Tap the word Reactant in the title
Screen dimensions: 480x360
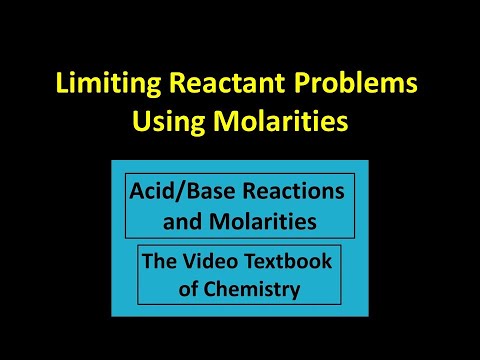pyautogui.click(x=227, y=83)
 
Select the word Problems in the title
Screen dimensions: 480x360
pyautogui.click(x=356, y=82)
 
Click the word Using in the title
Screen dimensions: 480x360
pyautogui.click(x=168, y=122)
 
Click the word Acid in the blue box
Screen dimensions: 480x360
pyautogui.click(x=152, y=191)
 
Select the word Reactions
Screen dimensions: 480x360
pyautogui.click(x=293, y=191)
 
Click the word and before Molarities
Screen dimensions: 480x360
pyautogui.click(x=182, y=221)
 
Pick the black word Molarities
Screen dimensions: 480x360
pyautogui.click(x=263, y=221)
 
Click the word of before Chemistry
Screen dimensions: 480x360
pyautogui.click(x=188, y=289)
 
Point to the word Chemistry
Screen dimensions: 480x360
pyautogui.click(x=252, y=290)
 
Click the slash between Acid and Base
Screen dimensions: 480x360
pyautogui.click(x=180, y=191)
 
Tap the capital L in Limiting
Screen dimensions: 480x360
pyautogui.click(x=62, y=83)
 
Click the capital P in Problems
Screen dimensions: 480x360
pyautogui.click(x=301, y=83)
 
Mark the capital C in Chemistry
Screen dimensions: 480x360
pyautogui.click(x=211, y=289)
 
